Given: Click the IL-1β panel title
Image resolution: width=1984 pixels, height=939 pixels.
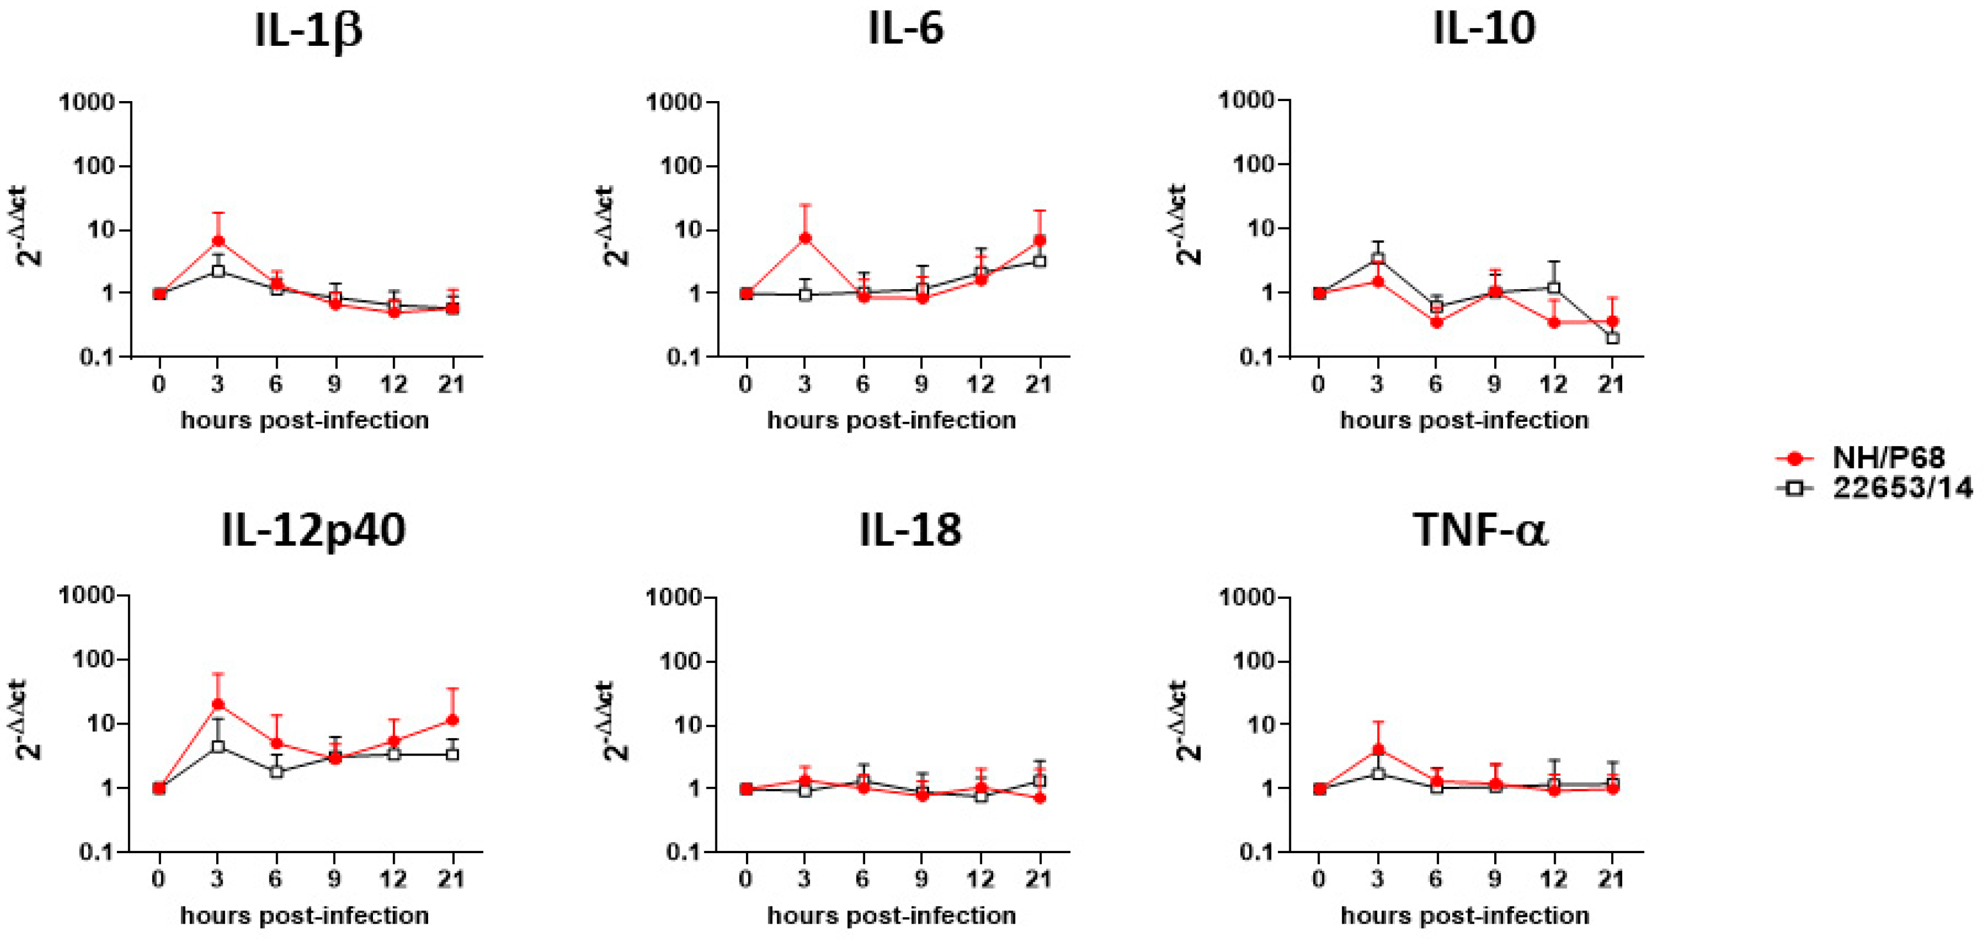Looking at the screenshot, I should pyautogui.click(x=308, y=31).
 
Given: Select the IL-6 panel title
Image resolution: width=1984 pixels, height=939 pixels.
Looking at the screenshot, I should pyautogui.click(x=905, y=29).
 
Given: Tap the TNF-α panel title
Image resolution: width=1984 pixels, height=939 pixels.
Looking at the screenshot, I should pyautogui.click(x=1479, y=530).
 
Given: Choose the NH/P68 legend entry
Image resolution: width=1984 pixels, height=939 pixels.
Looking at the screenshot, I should pyautogui.click(x=1887, y=458).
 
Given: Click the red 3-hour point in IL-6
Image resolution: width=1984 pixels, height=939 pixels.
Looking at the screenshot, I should pyautogui.click(x=805, y=238).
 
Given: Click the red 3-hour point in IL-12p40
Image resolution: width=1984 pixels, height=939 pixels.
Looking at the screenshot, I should pyautogui.click(x=218, y=704).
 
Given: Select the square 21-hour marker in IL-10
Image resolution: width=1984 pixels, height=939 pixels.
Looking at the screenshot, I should pyautogui.click(x=1613, y=338).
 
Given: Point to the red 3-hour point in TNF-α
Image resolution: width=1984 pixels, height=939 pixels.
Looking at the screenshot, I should pyautogui.click(x=1378, y=750).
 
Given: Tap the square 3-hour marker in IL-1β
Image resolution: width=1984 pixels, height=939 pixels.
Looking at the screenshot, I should pyautogui.click(x=218, y=271).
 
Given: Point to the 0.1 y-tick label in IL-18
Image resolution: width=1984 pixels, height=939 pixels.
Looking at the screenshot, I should pyautogui.click(x=685, y=852).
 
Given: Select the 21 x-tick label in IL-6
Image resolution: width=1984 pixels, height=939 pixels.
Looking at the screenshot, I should pyautogui.click(x=1039, y=384).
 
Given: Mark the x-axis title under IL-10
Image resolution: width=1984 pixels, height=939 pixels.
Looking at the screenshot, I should pyautogui.click(x=1464, y=421).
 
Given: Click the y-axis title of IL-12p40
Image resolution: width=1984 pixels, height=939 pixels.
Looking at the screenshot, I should pyautogui.click(x=29, y=721).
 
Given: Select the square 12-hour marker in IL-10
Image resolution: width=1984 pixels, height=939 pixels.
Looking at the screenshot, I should pyautogui.click(x=1554, y=288).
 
